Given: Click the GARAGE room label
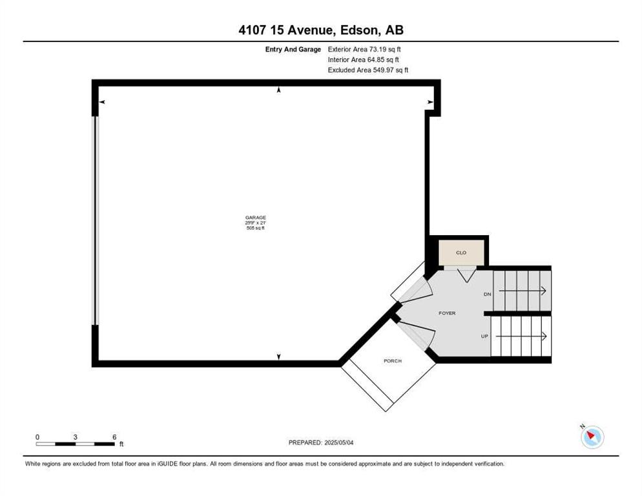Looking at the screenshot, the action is (x=256, y=218).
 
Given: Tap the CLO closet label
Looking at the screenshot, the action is (x=461, y=253).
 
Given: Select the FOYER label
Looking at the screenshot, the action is (x=447, y=313).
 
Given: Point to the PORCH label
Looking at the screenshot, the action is (x=392, y=361).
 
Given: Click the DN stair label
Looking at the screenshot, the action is (x=487, y=294).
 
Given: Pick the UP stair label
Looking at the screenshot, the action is (x=484, y=336).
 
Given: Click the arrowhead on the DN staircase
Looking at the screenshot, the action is (x=544, y=291).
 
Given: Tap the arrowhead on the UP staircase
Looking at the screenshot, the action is (x=544, y=336).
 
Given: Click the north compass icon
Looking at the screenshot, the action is (x=592, y=437).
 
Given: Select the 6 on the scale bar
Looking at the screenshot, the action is (x=114, y=437).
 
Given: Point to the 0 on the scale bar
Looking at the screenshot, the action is (x=37, y=437).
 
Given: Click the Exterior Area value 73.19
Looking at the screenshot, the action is (x=378, y=49).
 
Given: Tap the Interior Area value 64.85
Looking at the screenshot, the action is (x=376, y=60).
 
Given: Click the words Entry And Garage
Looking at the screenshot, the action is (x=293, y=50).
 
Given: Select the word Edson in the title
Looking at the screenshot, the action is (x=360, y=30).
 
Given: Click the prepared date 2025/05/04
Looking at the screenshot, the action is (x=339, y=442).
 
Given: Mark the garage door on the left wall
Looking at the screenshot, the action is (x=97, y=220).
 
